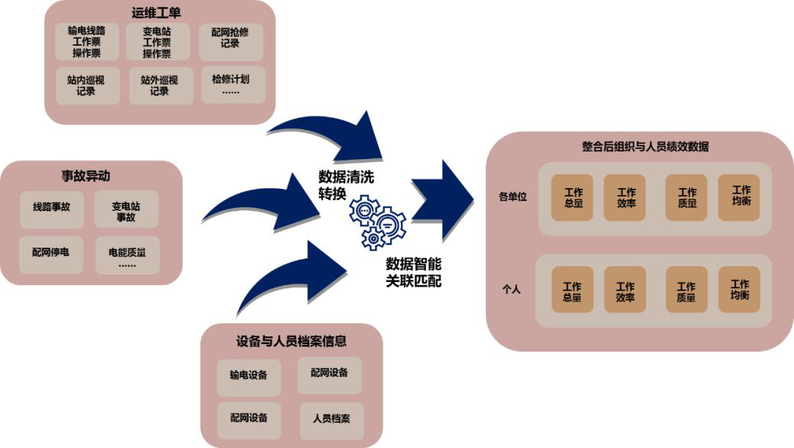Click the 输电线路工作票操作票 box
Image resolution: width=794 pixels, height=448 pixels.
[86, 42]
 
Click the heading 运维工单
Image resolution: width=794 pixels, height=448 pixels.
[160, 12]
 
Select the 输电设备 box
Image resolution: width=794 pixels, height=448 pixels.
[249, 375]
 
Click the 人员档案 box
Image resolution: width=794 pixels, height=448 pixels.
[331, 420]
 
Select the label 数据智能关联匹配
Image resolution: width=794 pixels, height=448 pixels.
[413, 272]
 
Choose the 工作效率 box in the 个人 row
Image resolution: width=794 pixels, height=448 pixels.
[625, 291]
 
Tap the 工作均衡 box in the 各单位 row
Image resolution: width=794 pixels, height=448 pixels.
[740, 196]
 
